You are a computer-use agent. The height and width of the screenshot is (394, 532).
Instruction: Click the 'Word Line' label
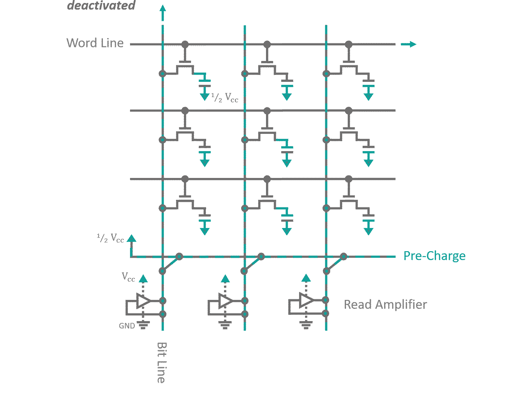pos(95,43)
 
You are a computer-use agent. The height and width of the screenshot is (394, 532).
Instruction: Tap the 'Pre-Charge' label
pos(434,256)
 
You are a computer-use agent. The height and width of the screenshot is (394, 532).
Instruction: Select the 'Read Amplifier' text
pos(385,305)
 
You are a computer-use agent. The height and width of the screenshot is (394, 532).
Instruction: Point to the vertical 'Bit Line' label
pos(161,363)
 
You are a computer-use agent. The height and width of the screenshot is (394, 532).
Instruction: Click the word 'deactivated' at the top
pos(101,5)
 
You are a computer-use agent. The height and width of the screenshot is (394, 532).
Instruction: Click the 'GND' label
pos(127,326)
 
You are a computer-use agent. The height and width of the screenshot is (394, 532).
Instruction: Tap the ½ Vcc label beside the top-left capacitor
pos(225,97)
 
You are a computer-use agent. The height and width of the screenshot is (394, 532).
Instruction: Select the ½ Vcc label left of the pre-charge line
pos(110,238)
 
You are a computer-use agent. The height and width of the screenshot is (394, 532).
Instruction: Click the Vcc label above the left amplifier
pos(128,277)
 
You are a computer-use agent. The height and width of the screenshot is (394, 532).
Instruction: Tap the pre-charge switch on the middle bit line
pos(253,264)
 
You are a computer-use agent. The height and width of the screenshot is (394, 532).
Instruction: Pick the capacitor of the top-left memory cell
pos(205,83)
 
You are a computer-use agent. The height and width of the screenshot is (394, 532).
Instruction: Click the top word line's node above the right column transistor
pos(349,44)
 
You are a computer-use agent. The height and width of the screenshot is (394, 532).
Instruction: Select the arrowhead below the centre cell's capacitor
pos(287,163)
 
